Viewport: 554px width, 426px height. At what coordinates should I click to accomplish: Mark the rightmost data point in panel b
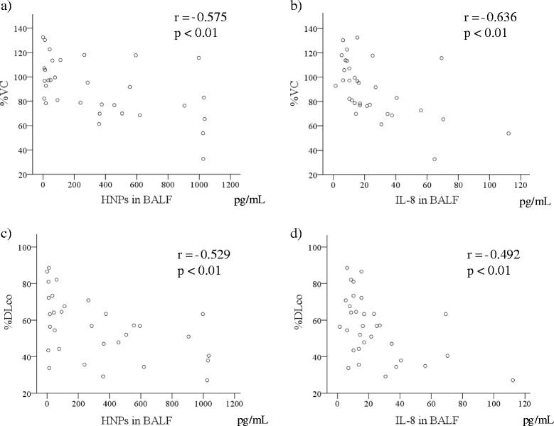click(x=508, y=133)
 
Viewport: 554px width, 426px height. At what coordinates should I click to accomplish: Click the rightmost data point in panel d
click(x=513, y=381)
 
